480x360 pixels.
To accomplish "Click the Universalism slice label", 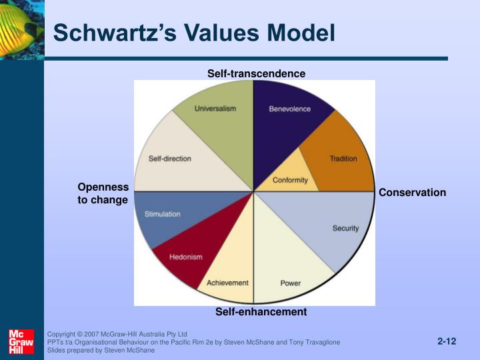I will [215, 109].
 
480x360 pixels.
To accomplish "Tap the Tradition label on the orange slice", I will [343, 159].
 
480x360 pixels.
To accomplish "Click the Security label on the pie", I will [345, 229].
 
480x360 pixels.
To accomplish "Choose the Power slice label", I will [291, 283].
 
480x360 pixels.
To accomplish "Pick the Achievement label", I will [227, 283].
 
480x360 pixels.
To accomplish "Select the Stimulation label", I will [163, 215].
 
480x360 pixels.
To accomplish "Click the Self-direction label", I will [169, 159].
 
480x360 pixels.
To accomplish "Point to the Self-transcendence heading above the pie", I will [256, 73].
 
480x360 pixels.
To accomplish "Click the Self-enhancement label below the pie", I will [261, 311].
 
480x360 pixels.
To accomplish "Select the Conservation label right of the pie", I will [412, 193].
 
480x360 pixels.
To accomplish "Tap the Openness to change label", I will [103, 193].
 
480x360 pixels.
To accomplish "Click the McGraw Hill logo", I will [21, 341].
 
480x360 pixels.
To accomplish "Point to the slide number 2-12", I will [447, 341].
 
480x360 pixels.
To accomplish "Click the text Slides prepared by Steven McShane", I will [101, 350].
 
